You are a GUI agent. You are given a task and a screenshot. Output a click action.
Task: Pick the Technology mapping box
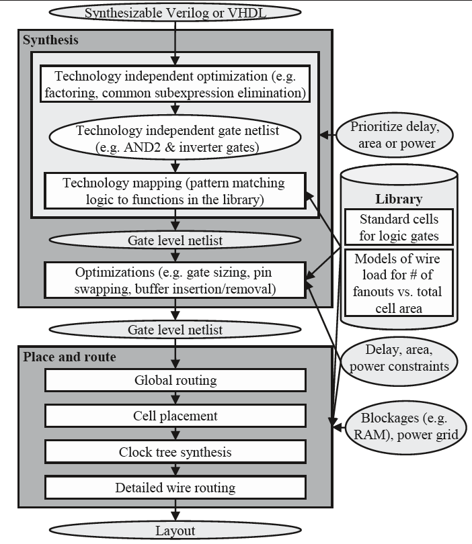point(175,190)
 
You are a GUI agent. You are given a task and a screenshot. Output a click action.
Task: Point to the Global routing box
point(175,381)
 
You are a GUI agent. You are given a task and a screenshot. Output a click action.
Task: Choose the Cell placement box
point(175,416)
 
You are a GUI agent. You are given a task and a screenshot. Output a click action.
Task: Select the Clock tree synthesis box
point(175,452)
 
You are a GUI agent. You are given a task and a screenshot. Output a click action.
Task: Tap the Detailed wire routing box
point(175,488)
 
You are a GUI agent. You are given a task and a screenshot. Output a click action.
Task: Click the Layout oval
point(175,531)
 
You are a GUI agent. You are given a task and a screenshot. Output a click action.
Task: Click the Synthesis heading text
point(51,40)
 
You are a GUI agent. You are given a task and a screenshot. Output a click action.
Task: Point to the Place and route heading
point(69,357)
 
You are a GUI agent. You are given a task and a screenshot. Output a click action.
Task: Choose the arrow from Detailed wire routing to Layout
point(175,512)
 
